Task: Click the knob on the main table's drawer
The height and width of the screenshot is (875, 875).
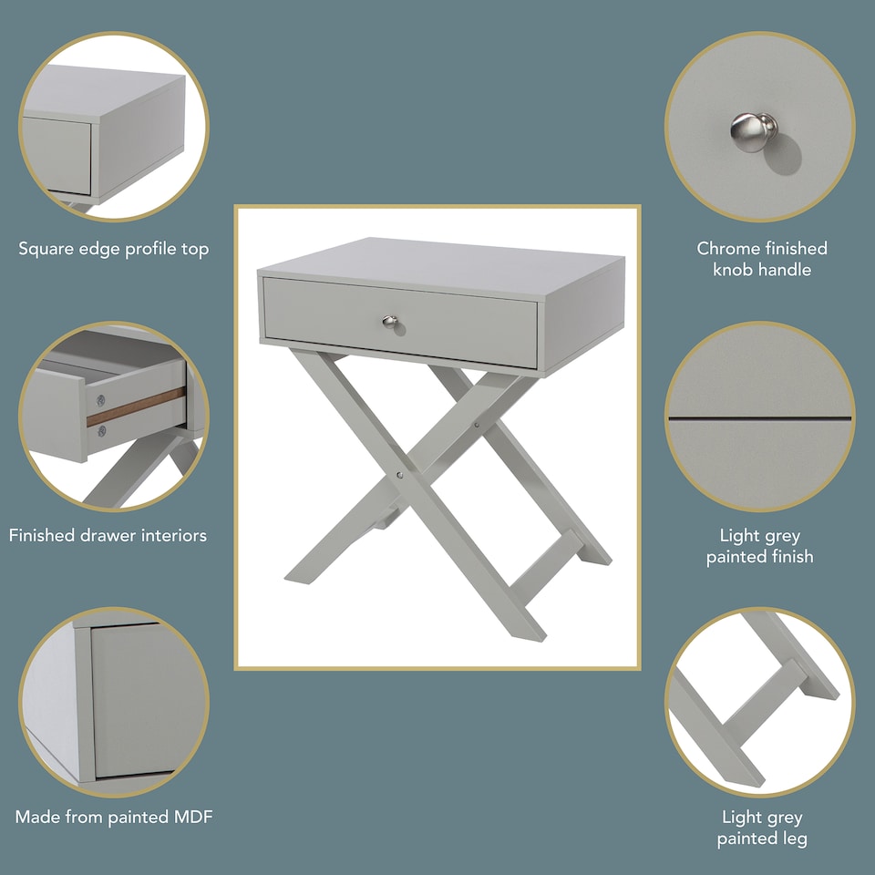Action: pyautogui.click(x=389, y=322)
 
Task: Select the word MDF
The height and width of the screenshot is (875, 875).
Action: pyautogui.click(x=190, y=817)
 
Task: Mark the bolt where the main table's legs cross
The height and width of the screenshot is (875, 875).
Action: pyautogui.click(x=399, y=475)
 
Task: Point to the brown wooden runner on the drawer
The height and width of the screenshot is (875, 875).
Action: pyautogui.click(x=137, y=407)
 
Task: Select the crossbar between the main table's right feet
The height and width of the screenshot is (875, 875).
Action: pyautogui.click(x=545, y=566)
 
